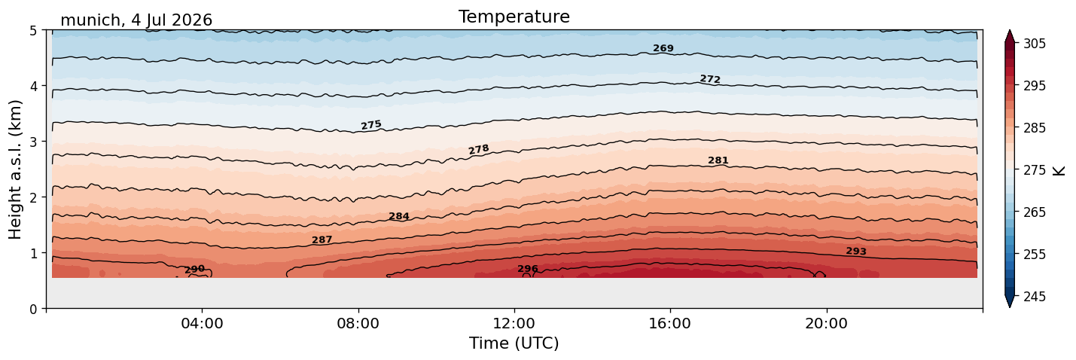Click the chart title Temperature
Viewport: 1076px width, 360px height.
[x=514, y=17]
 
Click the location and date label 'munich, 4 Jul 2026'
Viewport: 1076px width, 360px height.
[x=136, y=20]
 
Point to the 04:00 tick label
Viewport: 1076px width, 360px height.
[x=203, y=323]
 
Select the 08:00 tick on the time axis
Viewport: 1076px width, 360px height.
[x=358, y=323]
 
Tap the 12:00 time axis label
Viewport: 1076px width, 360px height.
[x=514, y=323]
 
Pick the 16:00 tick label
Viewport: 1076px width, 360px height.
[x=670, y=323]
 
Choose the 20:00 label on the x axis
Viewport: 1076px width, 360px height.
[x=826, y=323]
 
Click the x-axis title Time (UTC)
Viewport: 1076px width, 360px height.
[x=514, y=343]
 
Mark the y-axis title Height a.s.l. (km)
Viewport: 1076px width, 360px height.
[x=15, y=169]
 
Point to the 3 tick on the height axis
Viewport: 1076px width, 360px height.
[x=33, y=142]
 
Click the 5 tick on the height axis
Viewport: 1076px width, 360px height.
[x=33, y=31]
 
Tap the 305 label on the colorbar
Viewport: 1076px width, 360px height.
[x=1035, y=44]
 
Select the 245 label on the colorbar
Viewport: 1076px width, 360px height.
[x=1035, y=297]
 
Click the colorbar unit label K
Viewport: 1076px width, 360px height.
[x=1058, y=171]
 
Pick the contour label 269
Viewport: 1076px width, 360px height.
[x=663, y=48]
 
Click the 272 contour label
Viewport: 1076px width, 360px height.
[x=710, y=79]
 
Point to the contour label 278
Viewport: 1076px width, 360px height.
[x=479, y=149]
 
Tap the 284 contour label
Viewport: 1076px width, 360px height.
[x=399, y=216]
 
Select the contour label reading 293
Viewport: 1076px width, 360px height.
[x=856, y=252]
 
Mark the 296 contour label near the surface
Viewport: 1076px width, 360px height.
[x=528, y=269]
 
